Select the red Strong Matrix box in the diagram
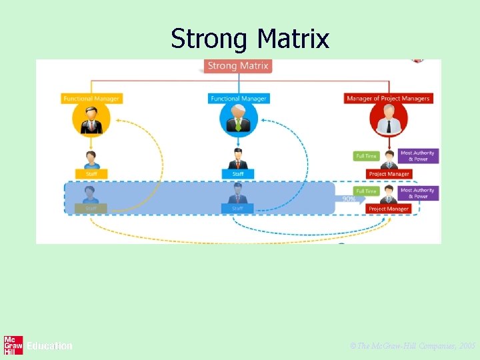pyautogui.click(x=238, y=66)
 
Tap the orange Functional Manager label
pyautogui.click(x=91, y=99)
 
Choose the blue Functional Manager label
pyautogui.click(x=238, y=99)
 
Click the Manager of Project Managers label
pyautogui.click(x=388, y=99)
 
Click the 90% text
pyautogui.click(x=349, y=199)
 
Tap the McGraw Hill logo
pyautogui.click(x=13, y=345)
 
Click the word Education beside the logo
pyautogui.click(x=49, y=346)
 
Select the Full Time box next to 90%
pyautogui.click(x=366, y=191)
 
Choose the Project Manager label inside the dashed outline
pyautogui.click(x=389, y=209)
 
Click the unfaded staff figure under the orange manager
pyautogui.click(x=91, y=160)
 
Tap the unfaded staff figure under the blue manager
pyautogui.click(x=238, y=160)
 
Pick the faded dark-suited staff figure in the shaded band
pyautogui.click(x=238, y=195)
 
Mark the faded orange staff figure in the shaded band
pyautogui.click(x=91, y=195)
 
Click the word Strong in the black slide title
pyautogui.click(x=209, y=39)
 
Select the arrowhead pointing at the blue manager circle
pyautogui.click(x=261, y=121)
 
